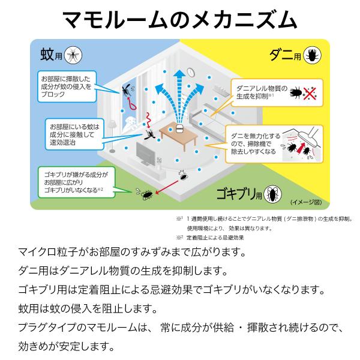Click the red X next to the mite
(310, 94)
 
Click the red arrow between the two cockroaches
(163, 186)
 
